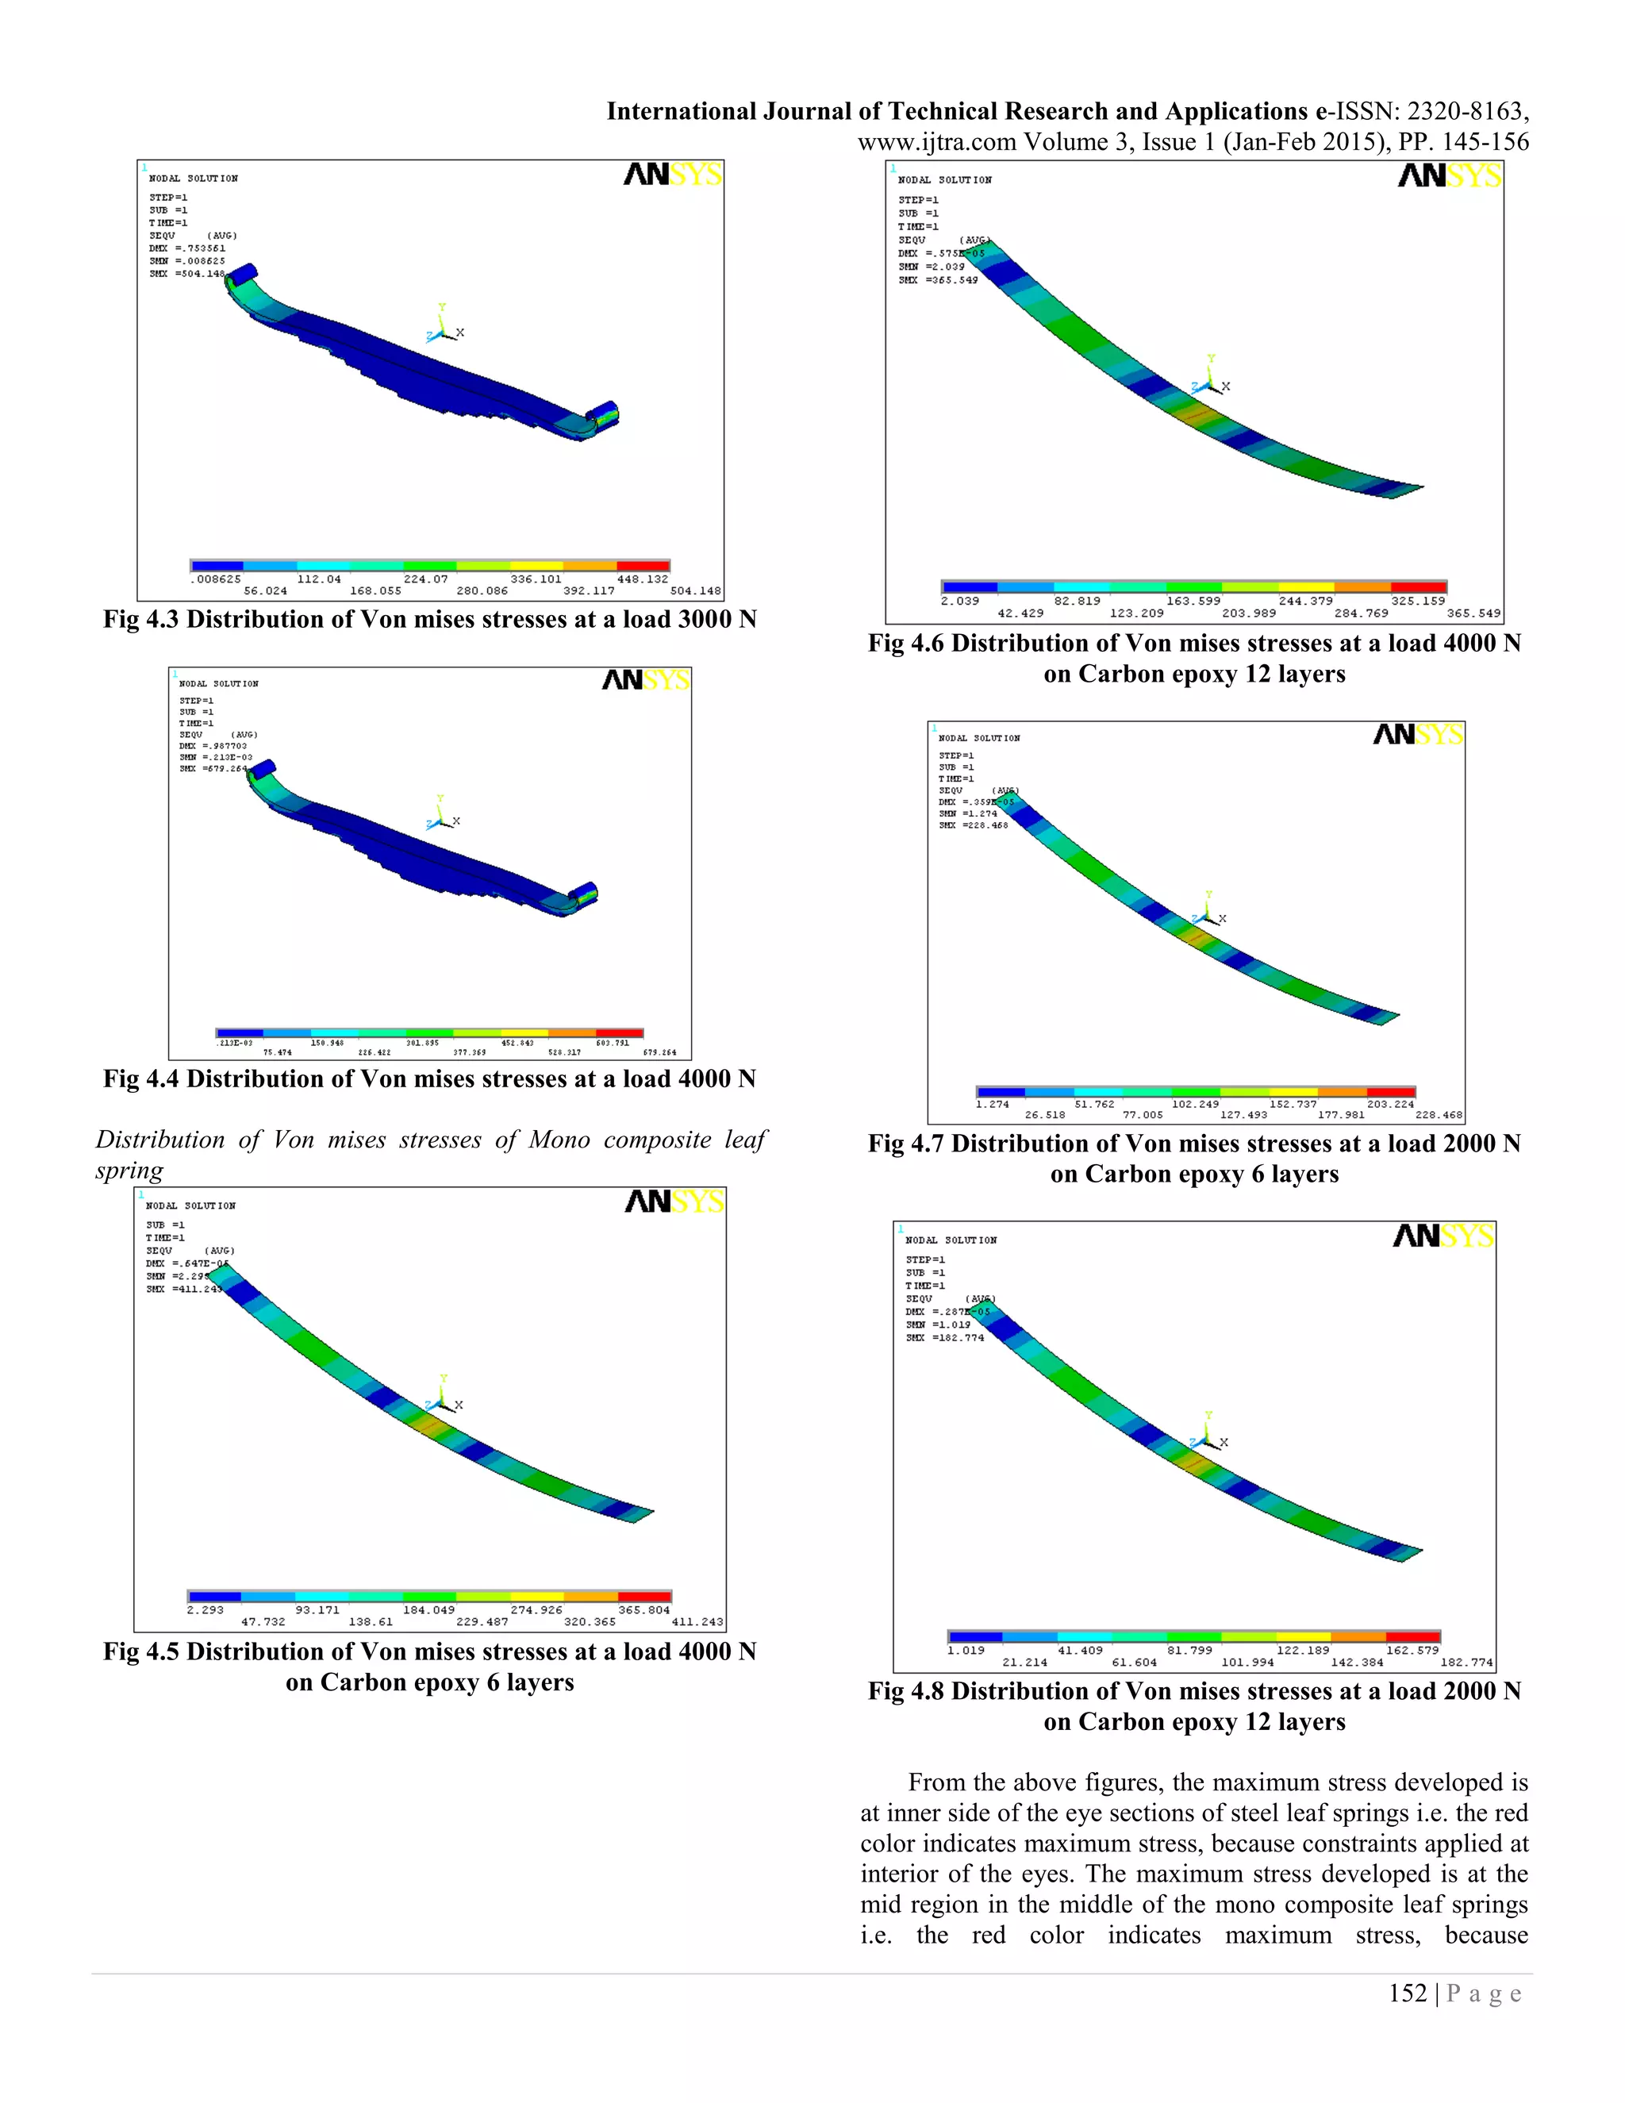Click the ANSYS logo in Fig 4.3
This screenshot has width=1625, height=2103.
pyautogui.click(x=673, y=175)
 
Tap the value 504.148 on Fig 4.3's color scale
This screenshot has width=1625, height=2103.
pyautogui.click(x=695, y=591)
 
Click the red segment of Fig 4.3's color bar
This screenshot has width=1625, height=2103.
pyautogui.click(x=642, y=566)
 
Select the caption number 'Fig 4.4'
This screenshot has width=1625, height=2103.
pyautogui.click(x=140, y=1079)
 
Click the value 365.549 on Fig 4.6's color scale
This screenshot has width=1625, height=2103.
pyautogui.click(x=1473, y=613)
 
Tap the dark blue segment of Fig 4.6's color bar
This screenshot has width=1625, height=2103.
pyautogui.click(x=970, y=586)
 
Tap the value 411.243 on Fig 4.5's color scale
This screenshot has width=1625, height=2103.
pyautogui.click(x=697, y=1621)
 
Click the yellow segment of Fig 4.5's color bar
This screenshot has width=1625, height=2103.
pyautogui.click(x=536, y=1597)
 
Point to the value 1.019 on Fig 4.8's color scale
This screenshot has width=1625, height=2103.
pyautogui.click(x=966, y=1651)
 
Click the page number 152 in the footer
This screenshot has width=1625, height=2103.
pyautogui.click(x=1408, y=1994)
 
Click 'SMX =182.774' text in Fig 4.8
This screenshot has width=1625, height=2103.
pyautogui.click(x=944, y=1337)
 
